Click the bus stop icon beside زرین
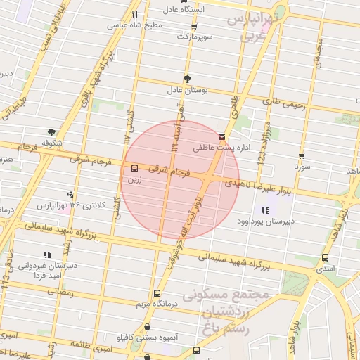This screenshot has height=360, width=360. tap(134, 168)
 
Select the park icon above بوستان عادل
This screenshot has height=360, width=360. tap(187, 79)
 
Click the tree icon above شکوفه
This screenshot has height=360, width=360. tap(51, 131)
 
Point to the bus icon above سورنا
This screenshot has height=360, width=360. tap(302, 157)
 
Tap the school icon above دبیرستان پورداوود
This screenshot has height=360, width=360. tap(265, 210)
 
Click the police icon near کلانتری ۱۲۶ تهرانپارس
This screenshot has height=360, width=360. tap(70, 193)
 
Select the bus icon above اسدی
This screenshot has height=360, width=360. tap(325, 258)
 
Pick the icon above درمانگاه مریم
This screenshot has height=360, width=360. tap(157, 293)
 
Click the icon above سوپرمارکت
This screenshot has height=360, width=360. tap(194, 26)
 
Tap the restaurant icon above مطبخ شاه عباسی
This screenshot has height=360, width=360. tap(134, 13)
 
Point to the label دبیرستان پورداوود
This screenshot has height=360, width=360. tap(265, 222)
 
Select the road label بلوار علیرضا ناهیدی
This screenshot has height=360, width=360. tap(257, 186)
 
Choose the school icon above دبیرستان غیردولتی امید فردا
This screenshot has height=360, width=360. tap(47, 255)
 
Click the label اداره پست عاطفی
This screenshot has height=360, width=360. tap(222, 149)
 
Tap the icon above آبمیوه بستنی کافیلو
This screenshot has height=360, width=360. tap(147, 327)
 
